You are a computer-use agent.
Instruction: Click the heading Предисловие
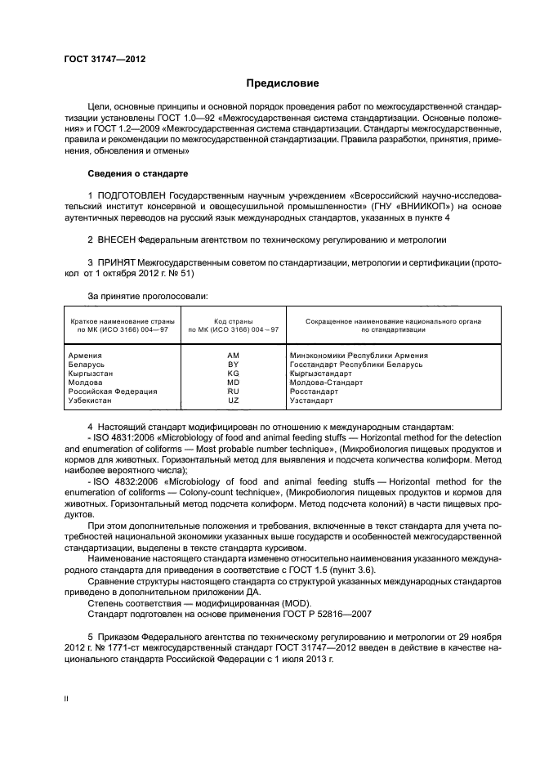[x=283, y=83]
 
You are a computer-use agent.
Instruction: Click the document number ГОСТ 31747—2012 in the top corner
[x=105, y=59]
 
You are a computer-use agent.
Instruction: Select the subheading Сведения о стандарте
[x=137, y=174]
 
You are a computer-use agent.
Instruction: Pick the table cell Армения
[x=86, y=356]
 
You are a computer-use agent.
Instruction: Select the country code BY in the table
[x=234, y=365]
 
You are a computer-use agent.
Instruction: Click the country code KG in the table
[x=234, y=374]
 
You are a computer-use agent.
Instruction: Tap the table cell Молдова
[x=86, y=382]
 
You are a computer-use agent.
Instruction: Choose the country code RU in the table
[x=234, y=391]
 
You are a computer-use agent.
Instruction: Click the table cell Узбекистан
[x=91, y=400]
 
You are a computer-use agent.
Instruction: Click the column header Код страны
[x=234, y=322]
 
